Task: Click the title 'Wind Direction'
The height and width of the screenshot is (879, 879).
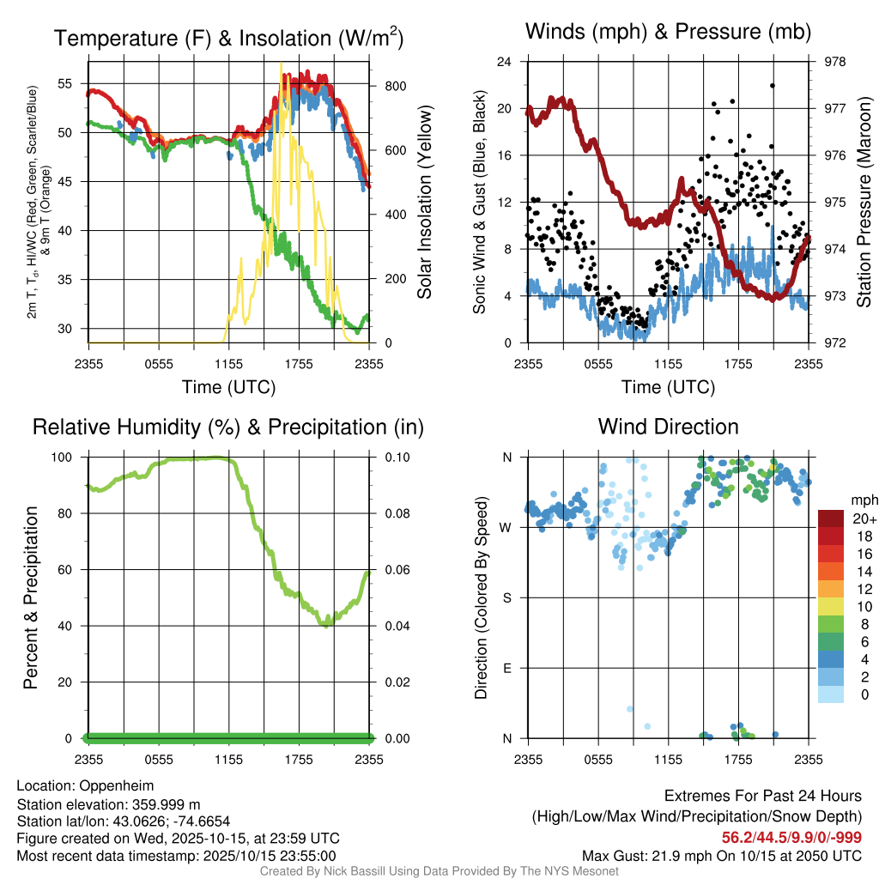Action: pos(668,427)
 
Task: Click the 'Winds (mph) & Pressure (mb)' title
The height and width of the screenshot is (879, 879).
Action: pos(668,33)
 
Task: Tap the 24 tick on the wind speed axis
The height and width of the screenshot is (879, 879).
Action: pos(505,62)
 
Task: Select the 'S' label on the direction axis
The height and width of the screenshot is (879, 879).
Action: pos(506,597)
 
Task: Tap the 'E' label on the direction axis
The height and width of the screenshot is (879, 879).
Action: pos(506,668)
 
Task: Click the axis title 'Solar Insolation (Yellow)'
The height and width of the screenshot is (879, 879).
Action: pos(424,203)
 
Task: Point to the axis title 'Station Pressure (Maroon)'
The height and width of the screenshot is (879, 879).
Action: pos(864,203)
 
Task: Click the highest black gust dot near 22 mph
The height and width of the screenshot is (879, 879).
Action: pos(773,86)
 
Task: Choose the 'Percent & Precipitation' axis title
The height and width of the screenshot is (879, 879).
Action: pos(31,597)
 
